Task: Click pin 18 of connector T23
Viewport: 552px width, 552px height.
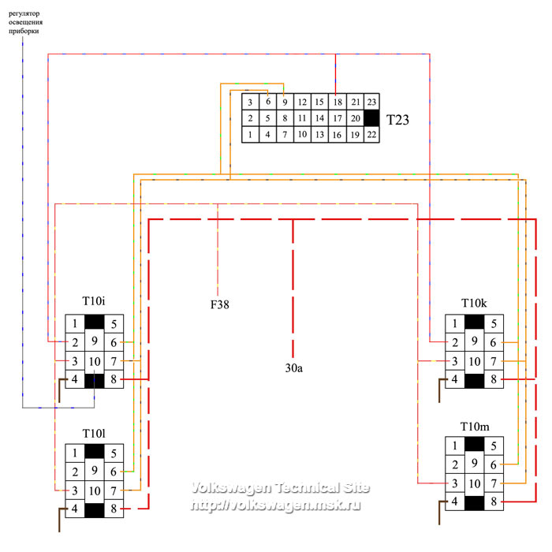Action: point(337,103)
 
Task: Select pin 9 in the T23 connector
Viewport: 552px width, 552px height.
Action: point(285,103)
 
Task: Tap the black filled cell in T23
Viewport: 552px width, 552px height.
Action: point(371,118)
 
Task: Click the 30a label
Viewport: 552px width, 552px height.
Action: point(294,367)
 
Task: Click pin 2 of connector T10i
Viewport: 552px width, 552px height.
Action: point(74,342)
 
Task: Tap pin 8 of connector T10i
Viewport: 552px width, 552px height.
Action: point(114,380)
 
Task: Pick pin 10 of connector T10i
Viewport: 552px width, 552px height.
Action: point(94,361)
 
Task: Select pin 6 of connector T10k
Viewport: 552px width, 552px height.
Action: point(493,342)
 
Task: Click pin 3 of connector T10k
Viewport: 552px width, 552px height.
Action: point(454,361)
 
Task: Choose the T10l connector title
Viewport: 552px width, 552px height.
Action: point(95,435)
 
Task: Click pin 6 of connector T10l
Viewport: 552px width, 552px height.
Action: point(114,472)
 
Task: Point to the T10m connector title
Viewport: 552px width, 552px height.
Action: point(475,427)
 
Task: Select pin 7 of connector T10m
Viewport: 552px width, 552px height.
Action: point(493,483)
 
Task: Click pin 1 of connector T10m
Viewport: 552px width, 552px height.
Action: point(454,446)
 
